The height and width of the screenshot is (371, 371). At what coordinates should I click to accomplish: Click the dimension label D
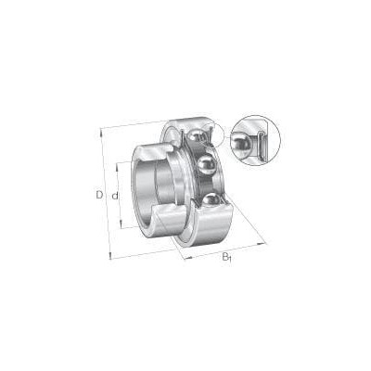coord(99,195)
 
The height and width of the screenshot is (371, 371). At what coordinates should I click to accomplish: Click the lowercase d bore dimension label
coord(115,196)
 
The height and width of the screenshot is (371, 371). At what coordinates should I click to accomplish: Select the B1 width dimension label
coord(227,257)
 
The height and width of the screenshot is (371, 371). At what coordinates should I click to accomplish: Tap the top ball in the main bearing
coord(198,136)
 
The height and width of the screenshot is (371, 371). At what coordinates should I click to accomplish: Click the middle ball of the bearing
coord(206,165)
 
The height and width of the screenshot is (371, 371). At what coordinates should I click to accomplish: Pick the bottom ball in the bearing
coord(211,201)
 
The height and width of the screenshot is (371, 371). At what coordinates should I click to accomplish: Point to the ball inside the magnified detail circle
coord(242,143)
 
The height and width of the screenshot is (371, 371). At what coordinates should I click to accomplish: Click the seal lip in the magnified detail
coord(262,145)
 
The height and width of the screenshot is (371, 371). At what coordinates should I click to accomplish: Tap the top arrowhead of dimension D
coord(101,132)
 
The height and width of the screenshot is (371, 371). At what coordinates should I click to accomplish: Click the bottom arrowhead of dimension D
coord(109,256)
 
